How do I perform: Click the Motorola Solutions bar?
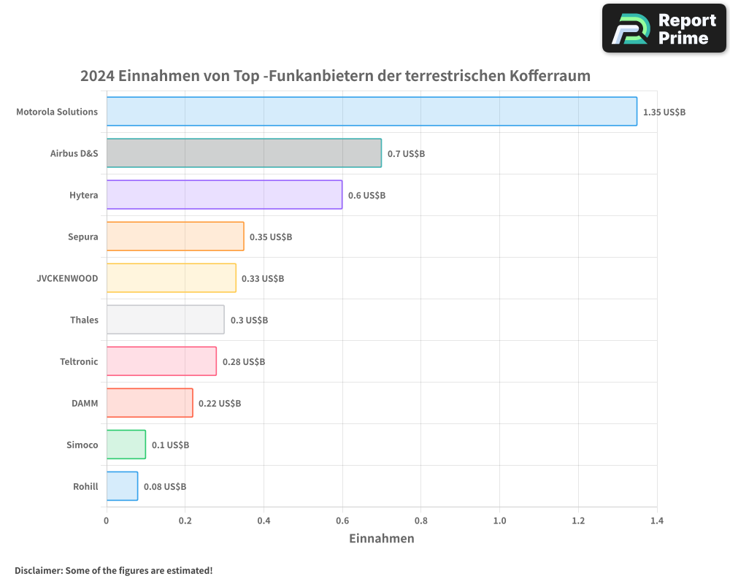[x=372, y=112]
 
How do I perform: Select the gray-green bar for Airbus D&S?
[x=244, y=153]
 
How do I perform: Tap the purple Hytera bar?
[x=224, y=195]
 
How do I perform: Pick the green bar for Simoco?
[x=126, y=445]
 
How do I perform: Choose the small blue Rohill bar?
[x=122, y=486]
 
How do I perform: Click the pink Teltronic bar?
[x=161, y=361]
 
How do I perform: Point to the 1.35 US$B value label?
[x=664, y=112]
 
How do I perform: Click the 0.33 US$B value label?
[x=263, y=279]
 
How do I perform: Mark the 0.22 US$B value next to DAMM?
[x=220, y=404]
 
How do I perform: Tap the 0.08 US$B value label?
[x=165, y=487]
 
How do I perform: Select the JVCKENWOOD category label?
[x=67, y=278]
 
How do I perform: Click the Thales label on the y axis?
[x=84, y=320]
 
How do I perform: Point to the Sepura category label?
[x=82, y=237]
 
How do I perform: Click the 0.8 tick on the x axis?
[x=421, y=521]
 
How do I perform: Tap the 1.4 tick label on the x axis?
[x=656, y=521]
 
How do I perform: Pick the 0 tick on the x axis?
[x=107, y=521]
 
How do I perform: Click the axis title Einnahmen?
[x=382, y=539]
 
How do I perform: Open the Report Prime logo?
[x=664, y=28]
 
